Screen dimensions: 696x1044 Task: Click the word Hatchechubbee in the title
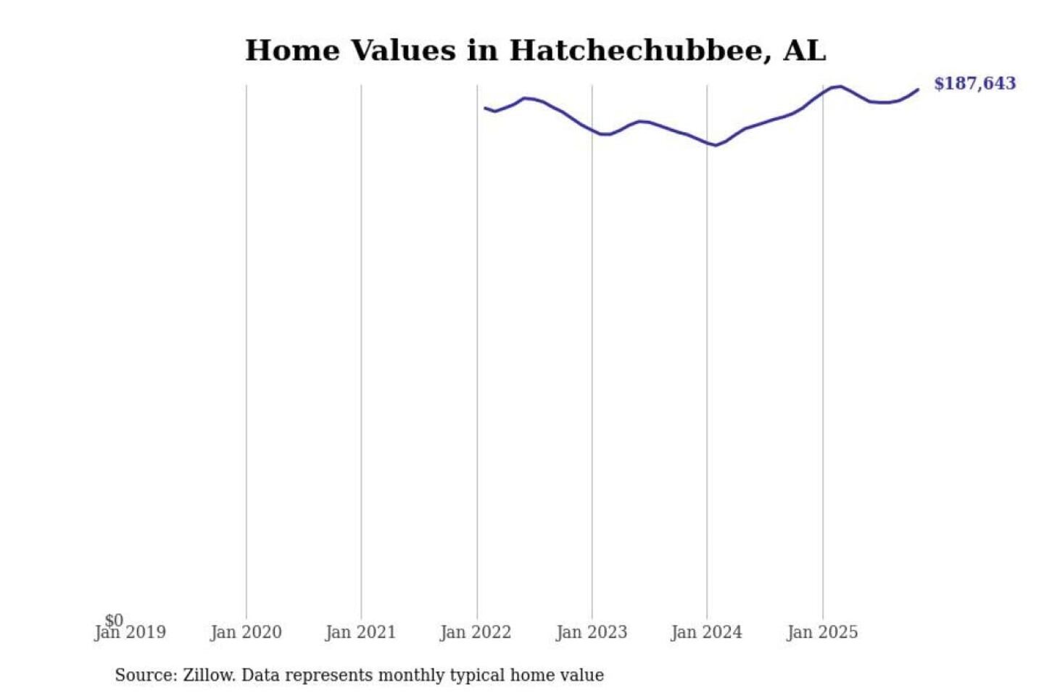point(635,51)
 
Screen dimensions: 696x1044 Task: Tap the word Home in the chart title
point(292,51)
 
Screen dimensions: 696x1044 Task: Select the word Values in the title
point(403,51)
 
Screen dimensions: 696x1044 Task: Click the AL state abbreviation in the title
point(804,51)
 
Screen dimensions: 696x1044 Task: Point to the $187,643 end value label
point(974,83)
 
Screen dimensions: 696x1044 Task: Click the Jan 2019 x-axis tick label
point(130,633)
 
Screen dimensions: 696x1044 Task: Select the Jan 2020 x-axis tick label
point(246,633)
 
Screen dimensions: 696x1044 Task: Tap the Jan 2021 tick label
point(360,633)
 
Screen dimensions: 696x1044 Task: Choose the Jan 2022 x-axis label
point(476,633)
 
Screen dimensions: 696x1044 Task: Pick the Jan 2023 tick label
point(591,633)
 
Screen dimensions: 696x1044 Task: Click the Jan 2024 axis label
point(706,633)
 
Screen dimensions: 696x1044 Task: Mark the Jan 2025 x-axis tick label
point(821,633)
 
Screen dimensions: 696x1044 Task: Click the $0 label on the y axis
point(114,620)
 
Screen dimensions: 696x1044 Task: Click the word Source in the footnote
point(145,675)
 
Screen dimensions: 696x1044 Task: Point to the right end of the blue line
point(918,90)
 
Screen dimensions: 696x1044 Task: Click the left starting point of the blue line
point(485,108)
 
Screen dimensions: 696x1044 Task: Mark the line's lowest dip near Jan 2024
point(716,146)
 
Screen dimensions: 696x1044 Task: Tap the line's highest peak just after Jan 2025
point(840,86)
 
